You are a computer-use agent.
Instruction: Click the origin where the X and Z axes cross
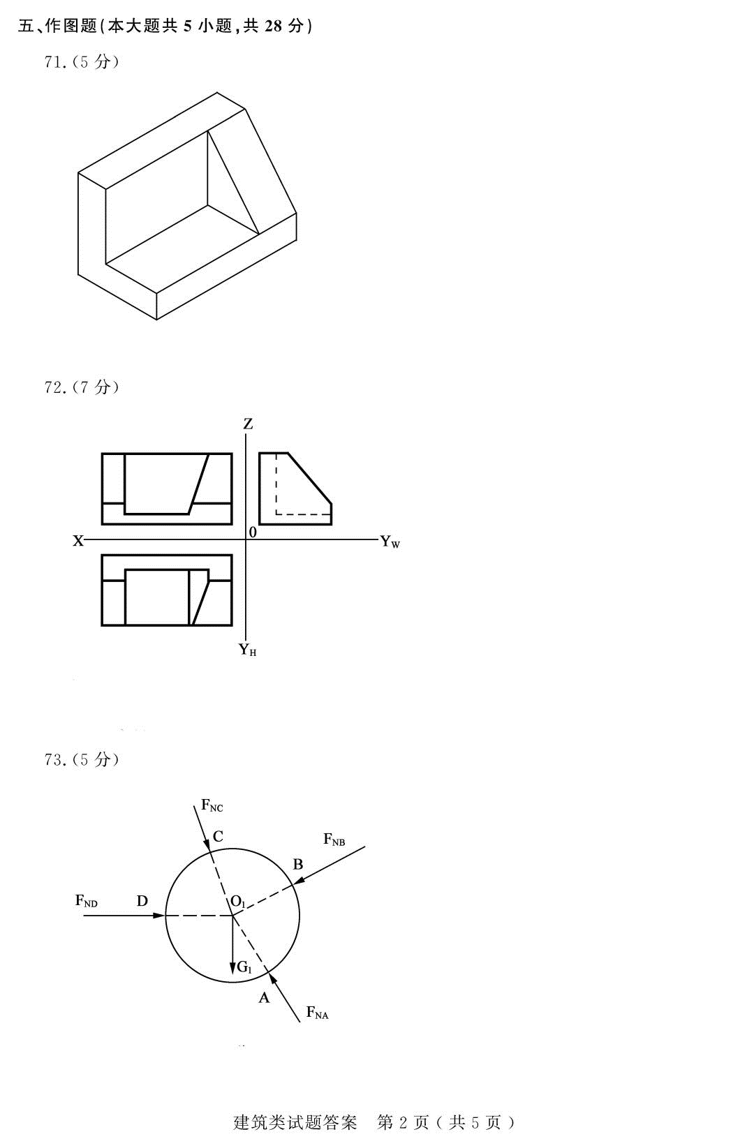pos(246,539)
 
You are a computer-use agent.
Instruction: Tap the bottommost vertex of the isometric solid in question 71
pos(156,320)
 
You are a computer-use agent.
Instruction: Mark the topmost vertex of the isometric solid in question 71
pos(217,92)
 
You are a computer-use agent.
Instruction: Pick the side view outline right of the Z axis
pos(295,489)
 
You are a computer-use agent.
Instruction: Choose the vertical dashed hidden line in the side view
pos(276,484)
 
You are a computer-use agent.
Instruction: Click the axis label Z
pos(248,424)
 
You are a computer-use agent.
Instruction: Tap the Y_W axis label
pos(390,542)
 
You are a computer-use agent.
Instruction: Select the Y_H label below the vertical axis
pos(248,650)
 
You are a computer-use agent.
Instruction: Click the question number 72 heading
pos(82,387)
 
